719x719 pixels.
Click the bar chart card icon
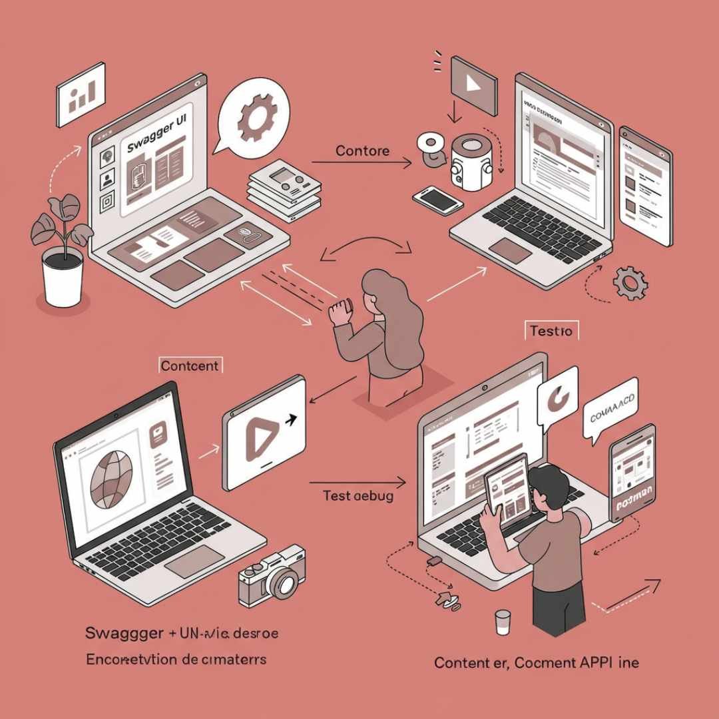81,95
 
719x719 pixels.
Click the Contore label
362,150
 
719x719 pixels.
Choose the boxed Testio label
552,330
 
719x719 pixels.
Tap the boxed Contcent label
190,365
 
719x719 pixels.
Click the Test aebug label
358,495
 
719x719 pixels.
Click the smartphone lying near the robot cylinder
437,198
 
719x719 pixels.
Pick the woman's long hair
399,306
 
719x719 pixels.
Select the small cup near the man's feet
502,622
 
